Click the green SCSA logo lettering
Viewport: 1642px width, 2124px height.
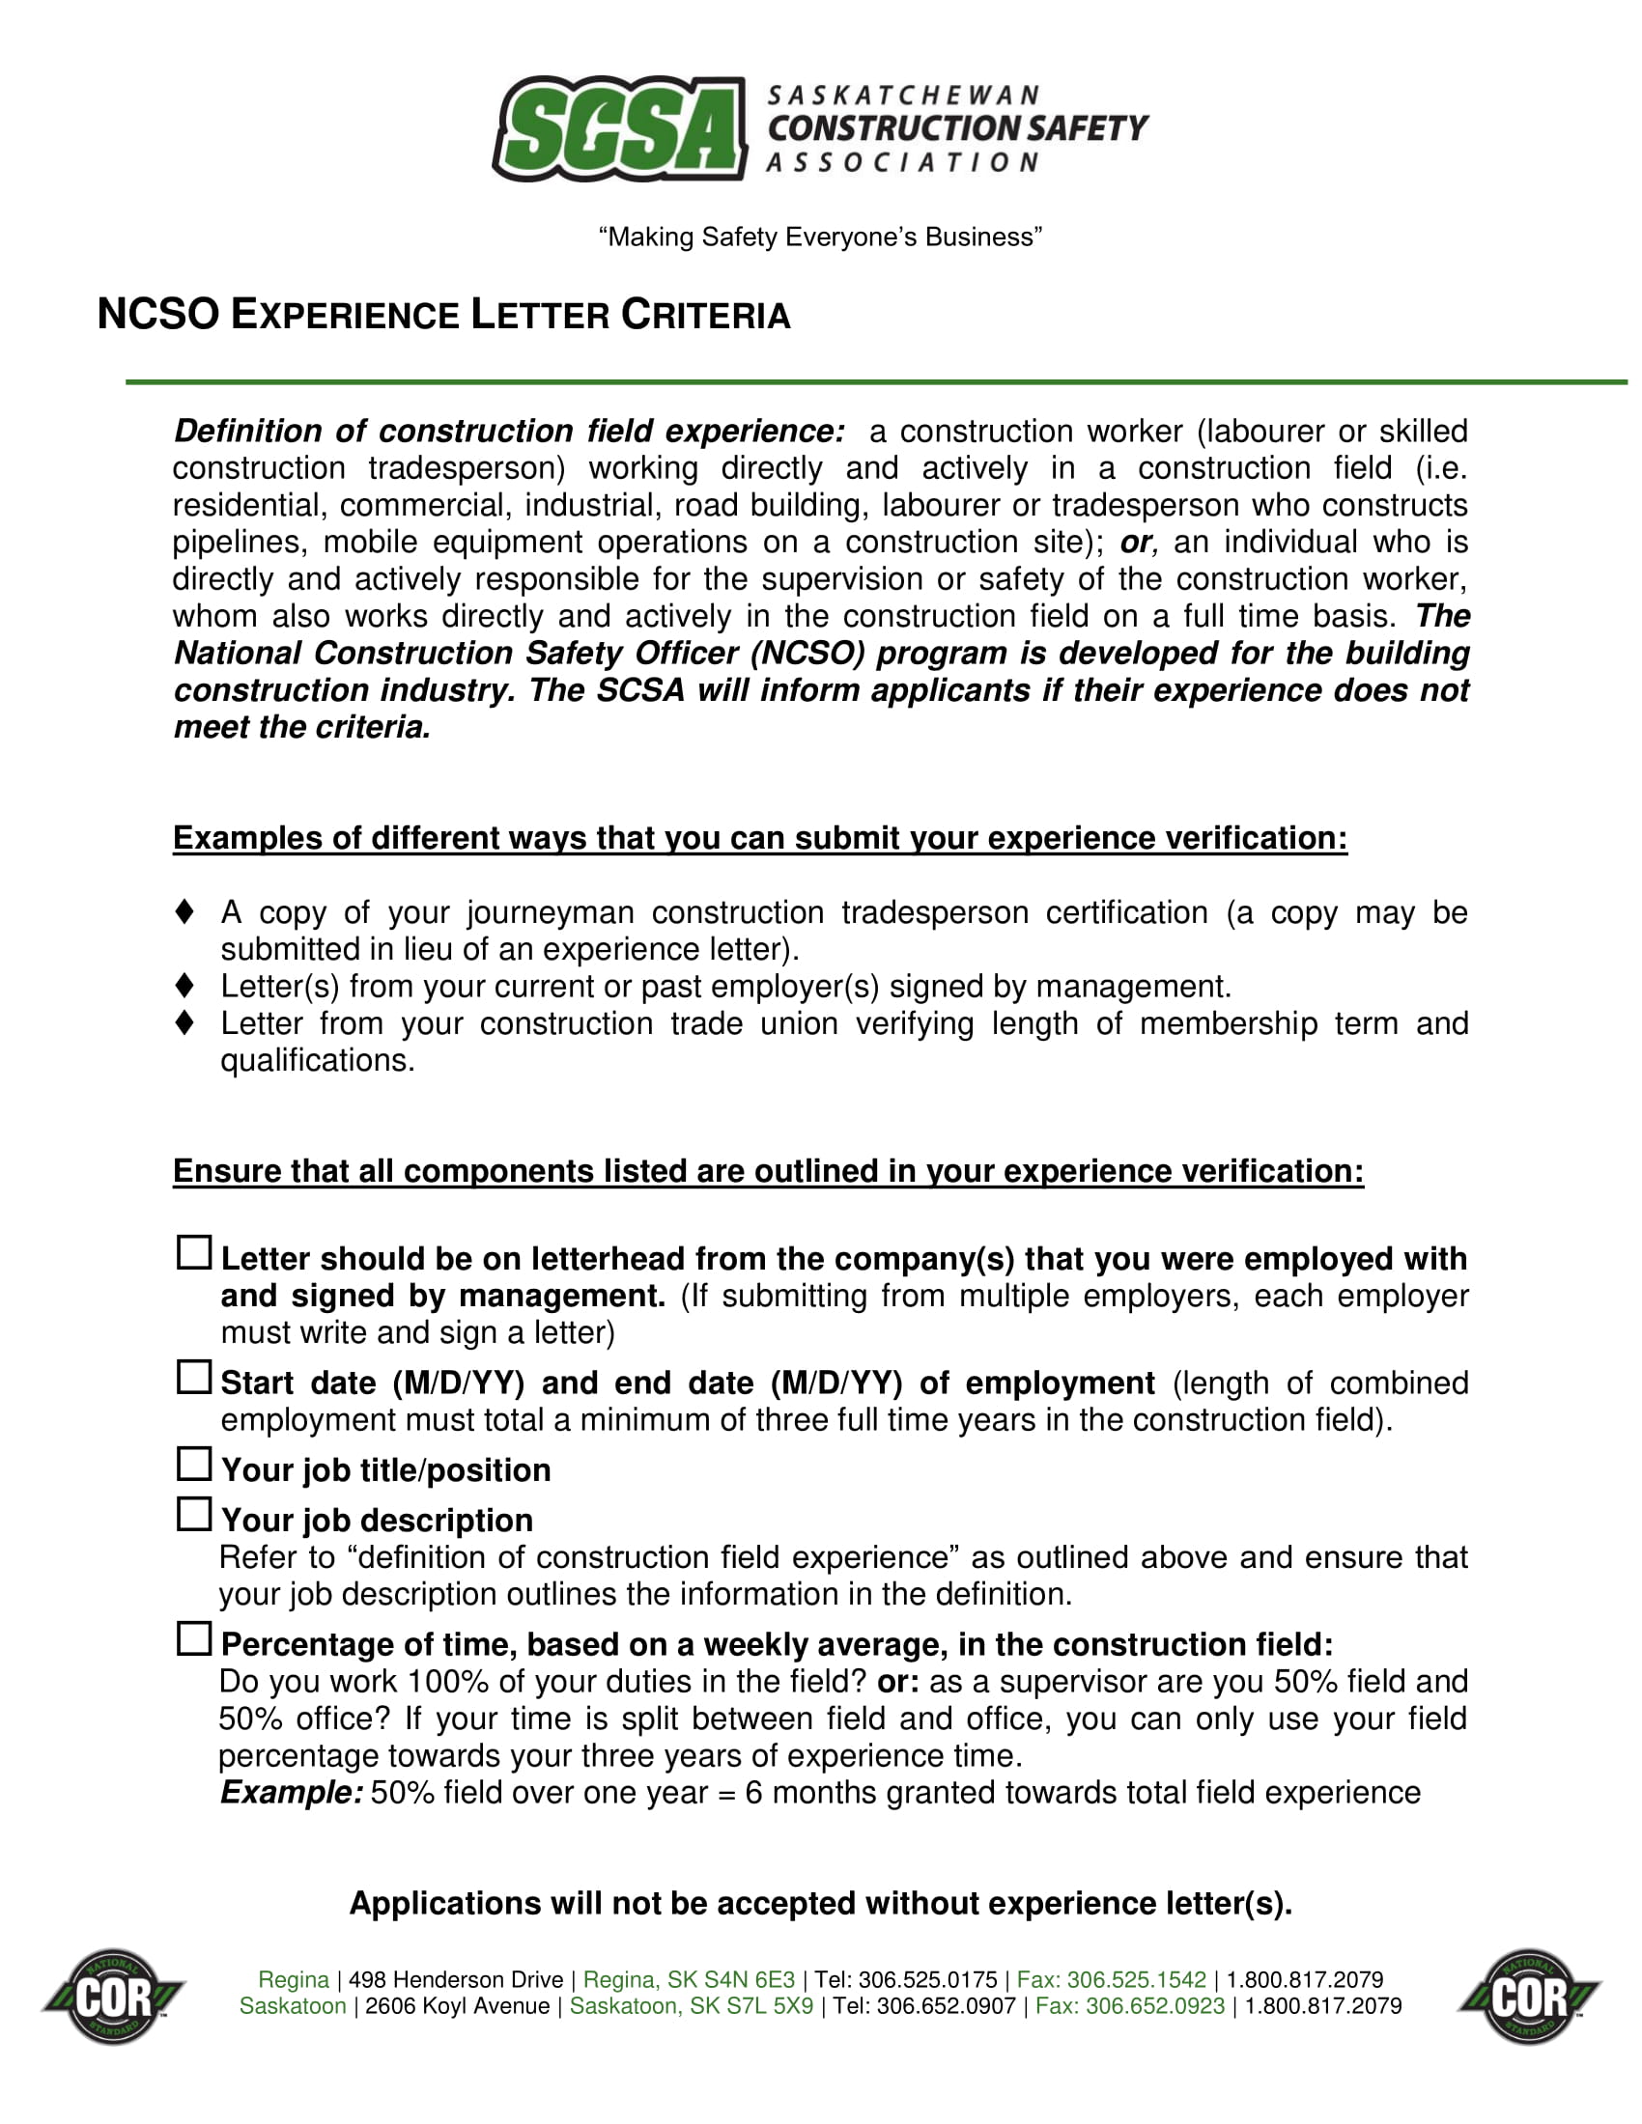coord(619,129)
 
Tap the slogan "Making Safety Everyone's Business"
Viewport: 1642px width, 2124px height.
coord(820,238)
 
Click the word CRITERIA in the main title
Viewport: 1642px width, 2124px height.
coord(705,315)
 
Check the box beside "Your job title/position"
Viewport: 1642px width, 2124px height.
coord(193,1464)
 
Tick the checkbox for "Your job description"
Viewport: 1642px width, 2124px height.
coord(193,1513)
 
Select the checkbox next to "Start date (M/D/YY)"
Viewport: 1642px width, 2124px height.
coord(193,1376)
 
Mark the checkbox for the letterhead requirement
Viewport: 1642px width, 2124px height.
coord(193,1252)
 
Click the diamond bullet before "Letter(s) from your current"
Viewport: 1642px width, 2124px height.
coord(184,985)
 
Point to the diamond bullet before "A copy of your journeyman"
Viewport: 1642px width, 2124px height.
coord(184,911)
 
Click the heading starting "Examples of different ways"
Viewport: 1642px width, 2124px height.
coord(760,837)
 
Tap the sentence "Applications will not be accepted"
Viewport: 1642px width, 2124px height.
coord(820,1902)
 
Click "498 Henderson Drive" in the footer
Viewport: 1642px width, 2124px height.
coord(455,1979)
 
